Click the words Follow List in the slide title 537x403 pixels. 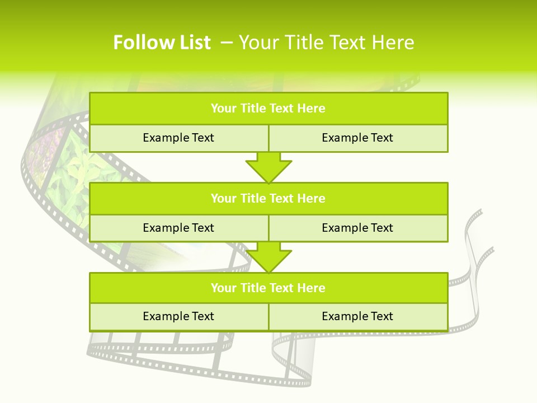[x=162, y=43]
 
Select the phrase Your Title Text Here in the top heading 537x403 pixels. [x=326, y=43]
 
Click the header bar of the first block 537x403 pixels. [x=268, y=109]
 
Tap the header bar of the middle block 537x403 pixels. [x=268, y=198]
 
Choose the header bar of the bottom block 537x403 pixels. [x=268, y=288]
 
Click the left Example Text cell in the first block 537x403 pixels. [x=178, y=138]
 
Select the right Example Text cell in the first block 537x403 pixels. [x=357, y=138]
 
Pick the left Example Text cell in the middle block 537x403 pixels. [x=178, y=228]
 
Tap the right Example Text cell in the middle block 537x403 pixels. [x=357, y=228]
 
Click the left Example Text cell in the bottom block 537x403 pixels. [x=178, y=316]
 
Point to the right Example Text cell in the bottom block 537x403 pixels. [x=357, y=316]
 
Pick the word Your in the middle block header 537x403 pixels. [x=223, y=198]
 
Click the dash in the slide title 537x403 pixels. [x=226, y=43]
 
